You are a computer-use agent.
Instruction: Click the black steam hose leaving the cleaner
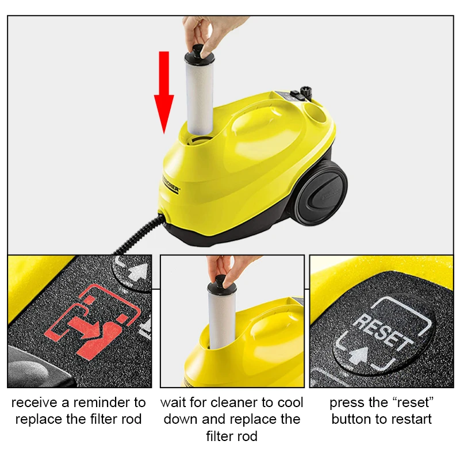coord(138,236)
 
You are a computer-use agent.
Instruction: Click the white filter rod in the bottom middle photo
coord(220,319)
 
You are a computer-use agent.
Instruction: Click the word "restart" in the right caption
coord(408,419)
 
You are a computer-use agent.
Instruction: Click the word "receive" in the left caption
coord(34,402)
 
